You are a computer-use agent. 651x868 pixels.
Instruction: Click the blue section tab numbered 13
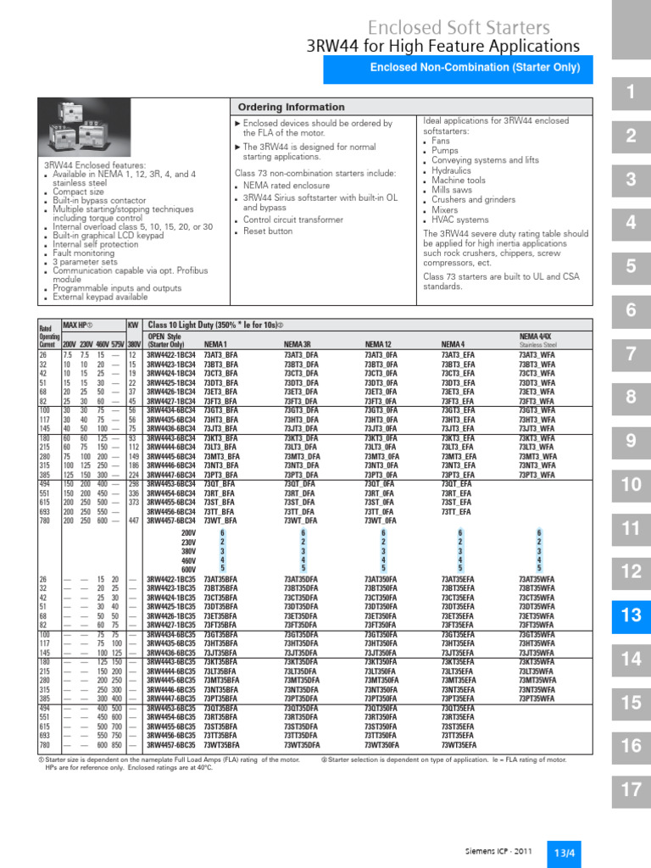coord(631,615)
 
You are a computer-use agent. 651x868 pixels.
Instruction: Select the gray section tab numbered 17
coord(631,790)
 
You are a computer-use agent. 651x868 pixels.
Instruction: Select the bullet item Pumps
coord(447,150)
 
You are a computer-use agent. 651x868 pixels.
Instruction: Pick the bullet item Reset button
coord(269,231)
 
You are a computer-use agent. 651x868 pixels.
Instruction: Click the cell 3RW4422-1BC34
coord(171,354)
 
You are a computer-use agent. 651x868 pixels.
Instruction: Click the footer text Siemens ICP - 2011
coord(498,851)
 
